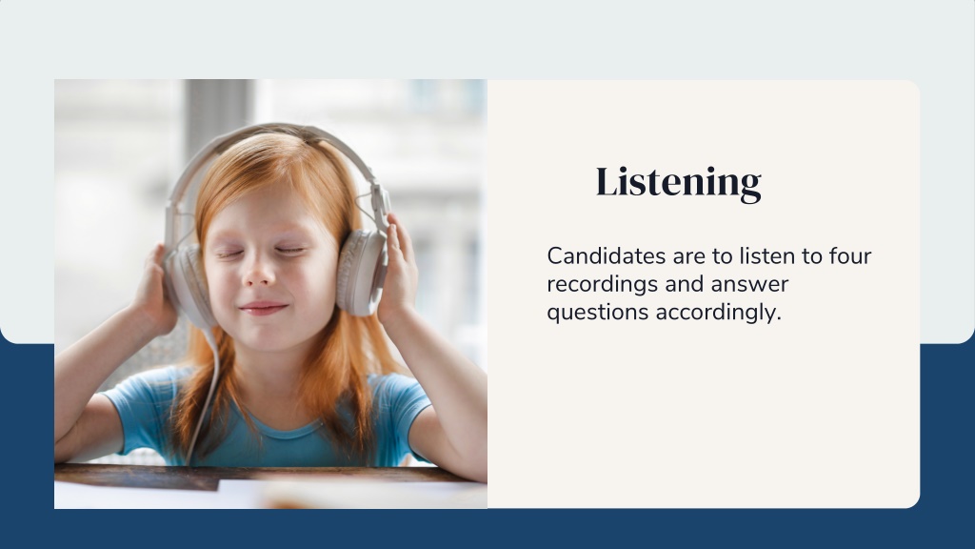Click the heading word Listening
678,182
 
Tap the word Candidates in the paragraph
598,255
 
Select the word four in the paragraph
850,255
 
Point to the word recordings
603,284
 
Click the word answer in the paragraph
749,284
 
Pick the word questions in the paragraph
598,312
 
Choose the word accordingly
718,312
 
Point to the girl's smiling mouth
264,308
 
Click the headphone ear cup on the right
361,272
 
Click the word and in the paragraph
685,284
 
